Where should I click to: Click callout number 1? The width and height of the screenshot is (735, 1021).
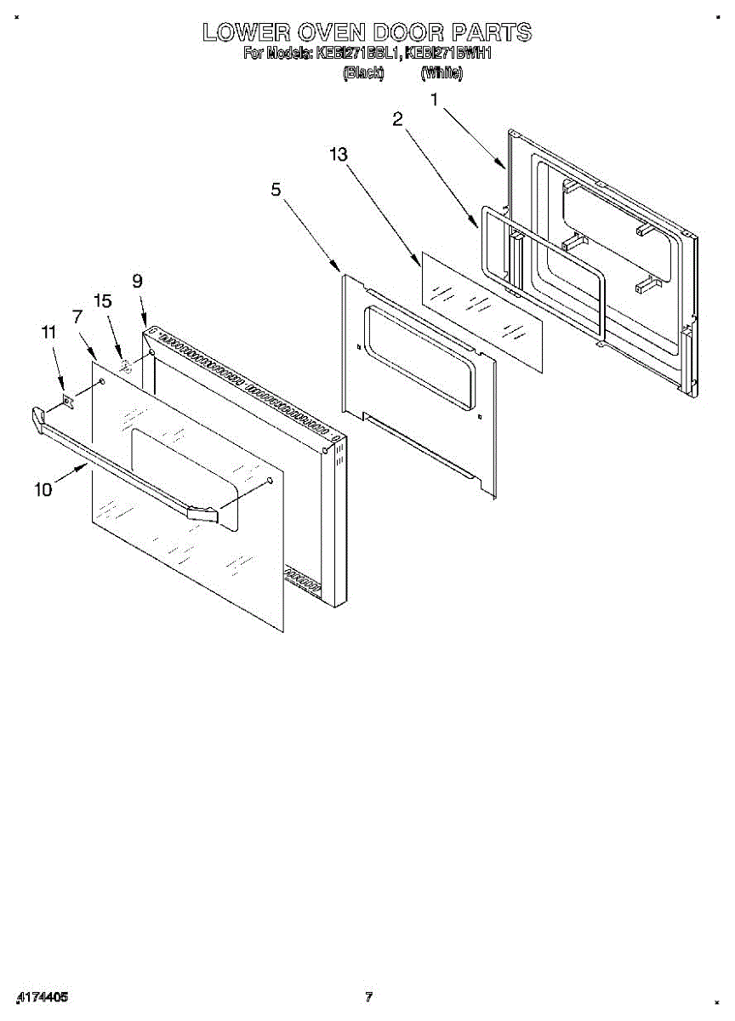point(435,100)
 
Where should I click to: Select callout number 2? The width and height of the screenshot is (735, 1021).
point(397,119)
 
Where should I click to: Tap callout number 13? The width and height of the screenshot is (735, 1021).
point(339,154)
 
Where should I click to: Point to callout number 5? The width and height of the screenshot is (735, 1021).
point(276,190)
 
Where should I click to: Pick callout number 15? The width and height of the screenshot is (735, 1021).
point(103,300)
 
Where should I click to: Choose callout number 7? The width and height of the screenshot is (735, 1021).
point(77,317)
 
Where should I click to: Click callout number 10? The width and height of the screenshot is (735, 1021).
point(42,488)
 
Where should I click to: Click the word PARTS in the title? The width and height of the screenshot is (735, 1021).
point(491,32)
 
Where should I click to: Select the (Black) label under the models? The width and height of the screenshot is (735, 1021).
point(363,74)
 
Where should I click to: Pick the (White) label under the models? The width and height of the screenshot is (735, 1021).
point(442,74)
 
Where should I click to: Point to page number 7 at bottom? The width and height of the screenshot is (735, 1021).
point(368,996)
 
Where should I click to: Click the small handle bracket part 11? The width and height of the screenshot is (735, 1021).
point(68,401)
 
